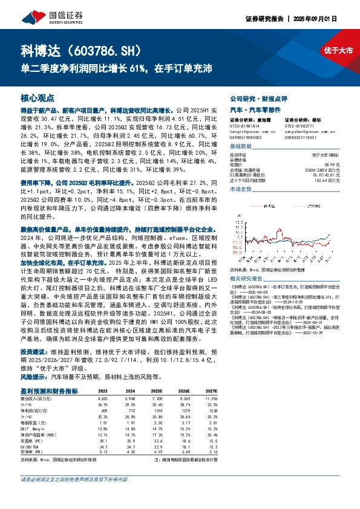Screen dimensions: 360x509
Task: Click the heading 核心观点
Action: (x=38, y=97)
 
